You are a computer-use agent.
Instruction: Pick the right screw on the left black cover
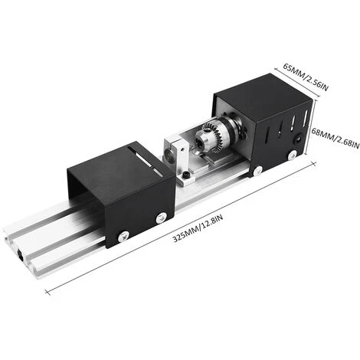[x=159, y=218]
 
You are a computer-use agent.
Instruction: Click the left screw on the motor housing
[x=258, y=170]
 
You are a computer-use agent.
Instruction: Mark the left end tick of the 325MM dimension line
[x=47, y=292]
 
